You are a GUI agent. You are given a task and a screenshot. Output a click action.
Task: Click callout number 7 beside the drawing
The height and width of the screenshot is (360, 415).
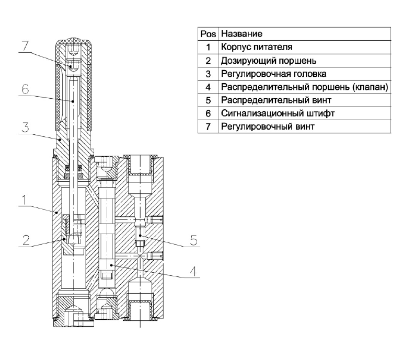[25, 46]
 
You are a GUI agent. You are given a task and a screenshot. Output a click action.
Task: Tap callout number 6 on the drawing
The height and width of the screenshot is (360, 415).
[25, 89]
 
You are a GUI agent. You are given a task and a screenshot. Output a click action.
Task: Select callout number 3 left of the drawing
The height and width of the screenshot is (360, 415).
[25, 127]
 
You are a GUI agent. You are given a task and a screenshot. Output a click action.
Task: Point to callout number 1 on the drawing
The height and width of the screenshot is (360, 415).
[25, 200]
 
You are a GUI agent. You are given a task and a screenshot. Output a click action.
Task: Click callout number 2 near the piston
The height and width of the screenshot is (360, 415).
[26, 240]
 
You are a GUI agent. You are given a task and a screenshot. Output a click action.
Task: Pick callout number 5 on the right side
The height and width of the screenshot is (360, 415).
[194, 240]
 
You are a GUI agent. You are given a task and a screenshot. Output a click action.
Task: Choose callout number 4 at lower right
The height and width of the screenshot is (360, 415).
[194, 271]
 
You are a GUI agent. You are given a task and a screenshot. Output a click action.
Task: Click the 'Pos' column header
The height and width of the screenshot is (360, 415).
[209, 34]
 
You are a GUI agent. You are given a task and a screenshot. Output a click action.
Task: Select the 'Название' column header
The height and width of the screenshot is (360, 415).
[241, 33]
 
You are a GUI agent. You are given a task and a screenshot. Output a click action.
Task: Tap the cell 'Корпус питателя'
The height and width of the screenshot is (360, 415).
[257, 47]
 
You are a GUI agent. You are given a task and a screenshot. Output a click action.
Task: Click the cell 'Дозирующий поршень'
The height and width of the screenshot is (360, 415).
[269, 61]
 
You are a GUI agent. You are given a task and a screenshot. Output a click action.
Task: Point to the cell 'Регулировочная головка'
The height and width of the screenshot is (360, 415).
[274, 74]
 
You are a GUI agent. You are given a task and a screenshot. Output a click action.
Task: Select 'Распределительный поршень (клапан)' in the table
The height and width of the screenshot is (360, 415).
[305, 87]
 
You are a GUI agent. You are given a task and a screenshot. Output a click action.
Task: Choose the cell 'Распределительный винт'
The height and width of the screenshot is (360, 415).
[276, 100]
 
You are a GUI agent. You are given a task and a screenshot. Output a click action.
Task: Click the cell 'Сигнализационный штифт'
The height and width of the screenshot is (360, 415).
[278, 113]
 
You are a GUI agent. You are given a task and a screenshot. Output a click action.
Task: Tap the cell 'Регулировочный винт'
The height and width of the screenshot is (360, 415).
[268, 126]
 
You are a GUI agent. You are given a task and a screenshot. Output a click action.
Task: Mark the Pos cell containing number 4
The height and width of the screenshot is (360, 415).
[209, 87]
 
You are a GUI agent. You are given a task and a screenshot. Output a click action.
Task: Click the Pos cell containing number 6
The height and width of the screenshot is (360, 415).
[209, 113]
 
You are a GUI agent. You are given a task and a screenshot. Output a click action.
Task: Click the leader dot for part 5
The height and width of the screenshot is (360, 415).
[140, 236]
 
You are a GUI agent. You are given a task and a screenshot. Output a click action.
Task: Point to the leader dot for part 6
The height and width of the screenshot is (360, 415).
[73, 101]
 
